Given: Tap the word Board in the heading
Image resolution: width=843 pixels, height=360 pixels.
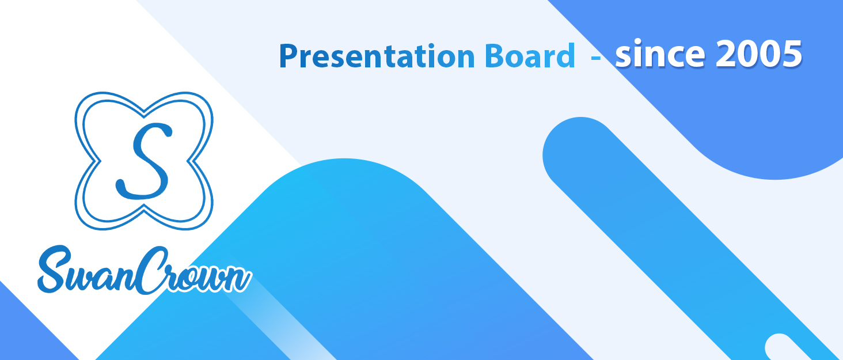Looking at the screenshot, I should tap(529, 56).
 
